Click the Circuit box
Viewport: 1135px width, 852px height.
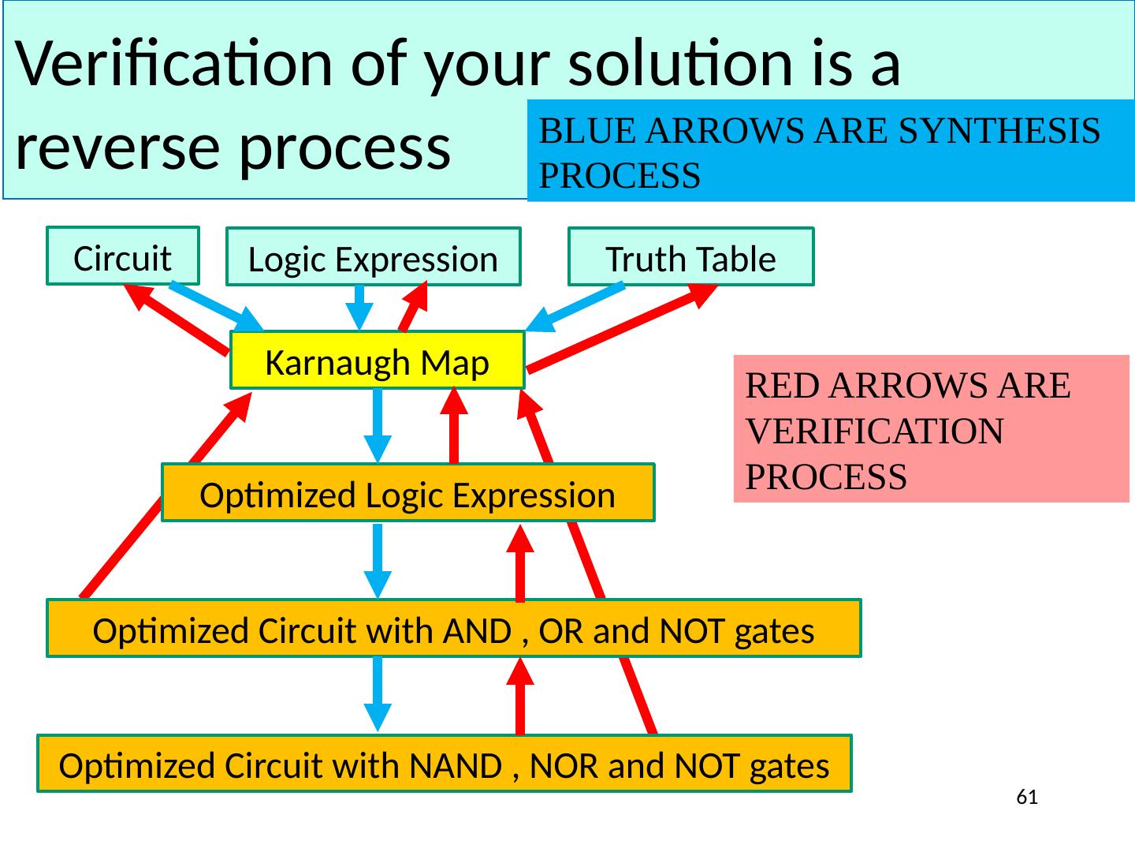pyautogui.click(x=122, y=256)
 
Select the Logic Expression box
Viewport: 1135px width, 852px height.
pyautogui.click(x=373, y=258)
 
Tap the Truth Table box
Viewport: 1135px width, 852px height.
pyautogui.click(x=690, y=258)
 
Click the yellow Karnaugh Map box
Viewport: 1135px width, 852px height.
pyautogui.click(x=377, y=361)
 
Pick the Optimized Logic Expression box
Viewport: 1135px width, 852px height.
pyautogui.click(x=407, y=494)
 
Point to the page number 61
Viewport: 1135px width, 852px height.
pyautogui.click(x=1026, y=797)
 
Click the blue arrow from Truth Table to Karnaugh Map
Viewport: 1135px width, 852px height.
pyautogui.click(x=575, y=308)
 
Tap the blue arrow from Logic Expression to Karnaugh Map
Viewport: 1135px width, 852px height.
pyautogui.click(x=359, y=307)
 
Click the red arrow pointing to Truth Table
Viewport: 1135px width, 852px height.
pyautogui.click(x=623, y=326)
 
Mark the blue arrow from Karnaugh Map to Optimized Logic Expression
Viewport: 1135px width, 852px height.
pyautogui.click(x=378, y=424)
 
